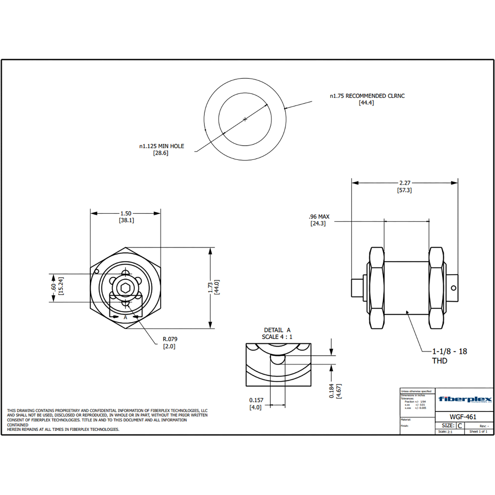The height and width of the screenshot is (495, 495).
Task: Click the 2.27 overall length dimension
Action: click(405, 183)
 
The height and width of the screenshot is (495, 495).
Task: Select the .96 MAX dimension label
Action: click(319, 217)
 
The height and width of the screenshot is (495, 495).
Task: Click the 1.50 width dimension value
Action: click(126, 213)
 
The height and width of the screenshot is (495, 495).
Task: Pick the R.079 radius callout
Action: click(170, 339)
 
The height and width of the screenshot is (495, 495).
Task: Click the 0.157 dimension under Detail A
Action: click(256, 400)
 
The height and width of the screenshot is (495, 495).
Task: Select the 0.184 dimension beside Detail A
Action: click(332, 391)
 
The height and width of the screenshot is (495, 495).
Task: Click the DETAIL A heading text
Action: click(277, 330)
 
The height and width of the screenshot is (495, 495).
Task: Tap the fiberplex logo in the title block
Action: click(465, 399)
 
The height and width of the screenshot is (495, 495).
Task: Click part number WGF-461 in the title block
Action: click(463, 417)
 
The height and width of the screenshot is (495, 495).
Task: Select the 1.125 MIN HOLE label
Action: click(162, 146)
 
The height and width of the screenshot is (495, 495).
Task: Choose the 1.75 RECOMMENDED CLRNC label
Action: click(367, 96)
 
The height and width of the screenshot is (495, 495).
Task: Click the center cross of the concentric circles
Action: click(245, 119)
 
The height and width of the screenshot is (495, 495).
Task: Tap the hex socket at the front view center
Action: click(125, 288)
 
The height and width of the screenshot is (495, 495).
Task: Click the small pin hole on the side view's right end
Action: click(454, 288)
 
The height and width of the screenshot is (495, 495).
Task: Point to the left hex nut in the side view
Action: click(376, 288)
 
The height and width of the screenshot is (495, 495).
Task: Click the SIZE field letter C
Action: click(460, 425)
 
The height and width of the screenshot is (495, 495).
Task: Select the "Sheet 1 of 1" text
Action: click(478, 431)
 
